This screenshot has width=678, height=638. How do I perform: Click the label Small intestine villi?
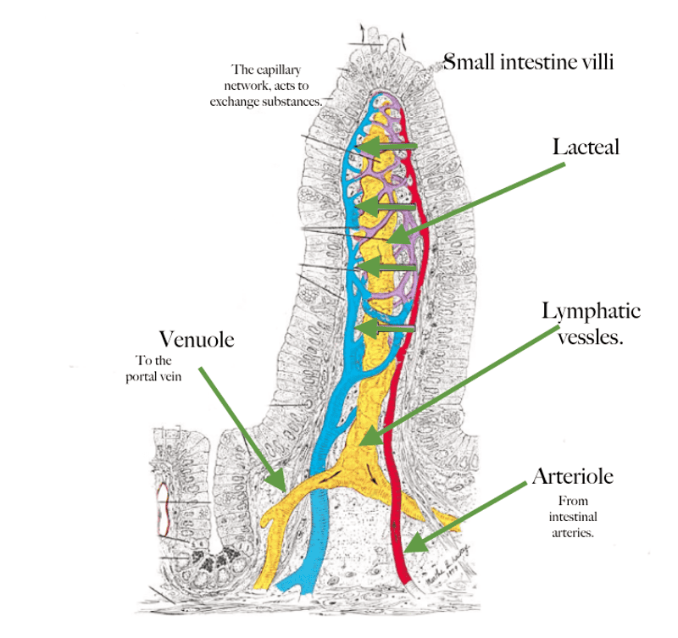pyautogui.click(x=529, y=62)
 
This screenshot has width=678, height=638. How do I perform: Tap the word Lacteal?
pyautogui.click(x=586, y=147)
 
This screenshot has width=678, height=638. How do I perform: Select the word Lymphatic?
pyautogui.click(x=591, y=311)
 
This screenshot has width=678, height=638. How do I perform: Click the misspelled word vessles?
pyautogui.click(x=590, y=336)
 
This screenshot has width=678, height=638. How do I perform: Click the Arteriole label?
pyautogui.click(x=572, y=476)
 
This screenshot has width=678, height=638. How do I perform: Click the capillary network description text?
pyautogui.click(x=273, y=85)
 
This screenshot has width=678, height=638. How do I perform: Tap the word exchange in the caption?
pyautogui.click(x=250, y=100)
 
